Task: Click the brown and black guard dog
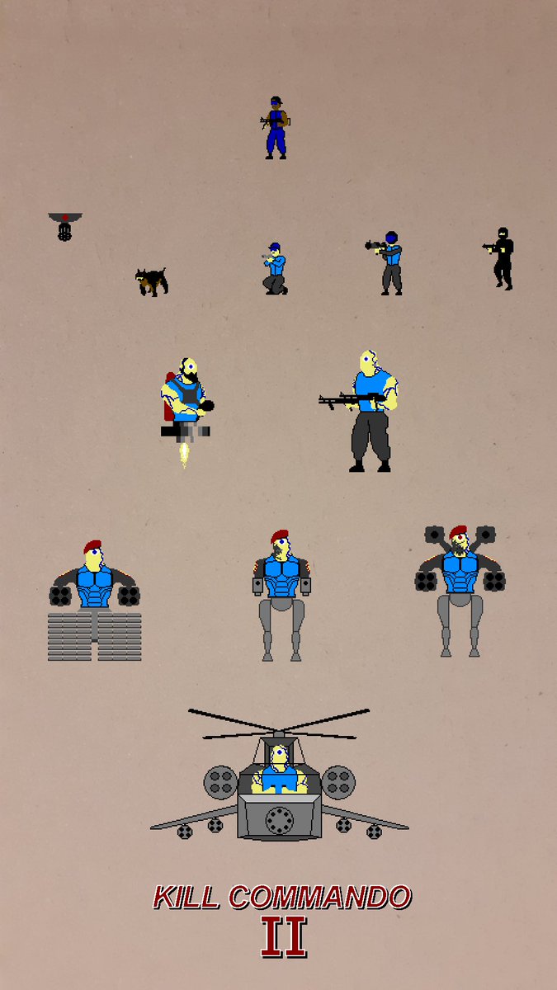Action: pos(152,281)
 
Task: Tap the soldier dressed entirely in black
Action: pos(501,258)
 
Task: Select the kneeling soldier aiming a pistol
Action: pos(275,269)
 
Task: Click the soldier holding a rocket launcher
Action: pos(387,263)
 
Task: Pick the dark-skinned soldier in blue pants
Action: pos(275,128)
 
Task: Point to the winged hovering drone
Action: pos(65,226)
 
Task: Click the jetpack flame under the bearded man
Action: pos(184,455)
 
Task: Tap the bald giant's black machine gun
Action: pos(352,399)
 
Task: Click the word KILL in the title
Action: pos(186,897)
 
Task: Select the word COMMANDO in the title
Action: pos(320,897)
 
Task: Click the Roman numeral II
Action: pos(283,936)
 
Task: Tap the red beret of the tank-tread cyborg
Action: pos(92,546)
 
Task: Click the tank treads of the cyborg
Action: pos(95,636)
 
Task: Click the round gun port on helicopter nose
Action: pos(280,820)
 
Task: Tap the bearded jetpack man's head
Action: pos(189,370)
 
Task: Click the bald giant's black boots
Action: pos(370,467)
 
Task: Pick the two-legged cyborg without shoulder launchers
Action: pos(281,596)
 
